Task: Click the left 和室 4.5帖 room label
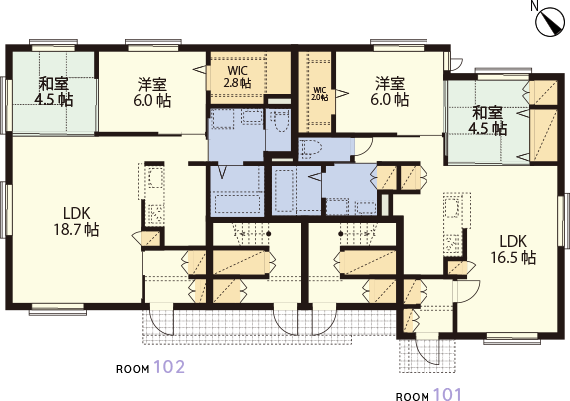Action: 53,91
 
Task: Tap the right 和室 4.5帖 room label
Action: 488,120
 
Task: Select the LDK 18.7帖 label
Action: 79,220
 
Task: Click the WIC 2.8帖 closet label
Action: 237,77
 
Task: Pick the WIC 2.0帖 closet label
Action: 319,94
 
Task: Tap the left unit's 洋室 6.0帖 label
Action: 151,91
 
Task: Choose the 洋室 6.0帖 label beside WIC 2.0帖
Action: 390,91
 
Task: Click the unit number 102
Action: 169,366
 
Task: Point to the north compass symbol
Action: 550,22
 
